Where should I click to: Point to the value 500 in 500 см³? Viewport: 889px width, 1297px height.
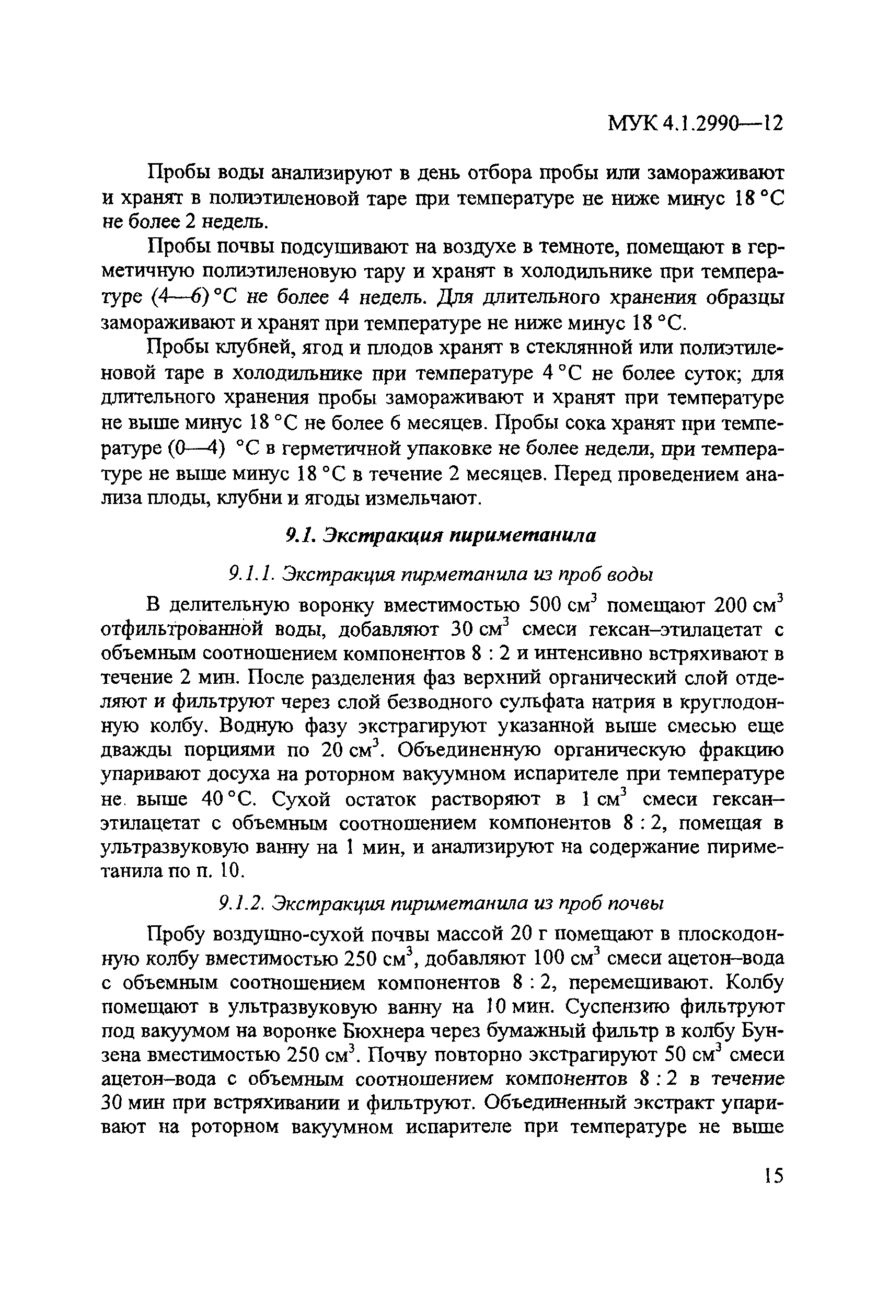[549, 604]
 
